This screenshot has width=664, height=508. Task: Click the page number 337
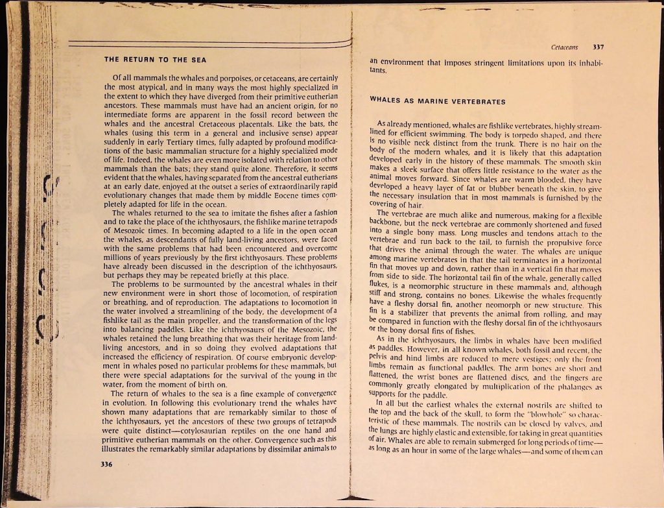[599, 47]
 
